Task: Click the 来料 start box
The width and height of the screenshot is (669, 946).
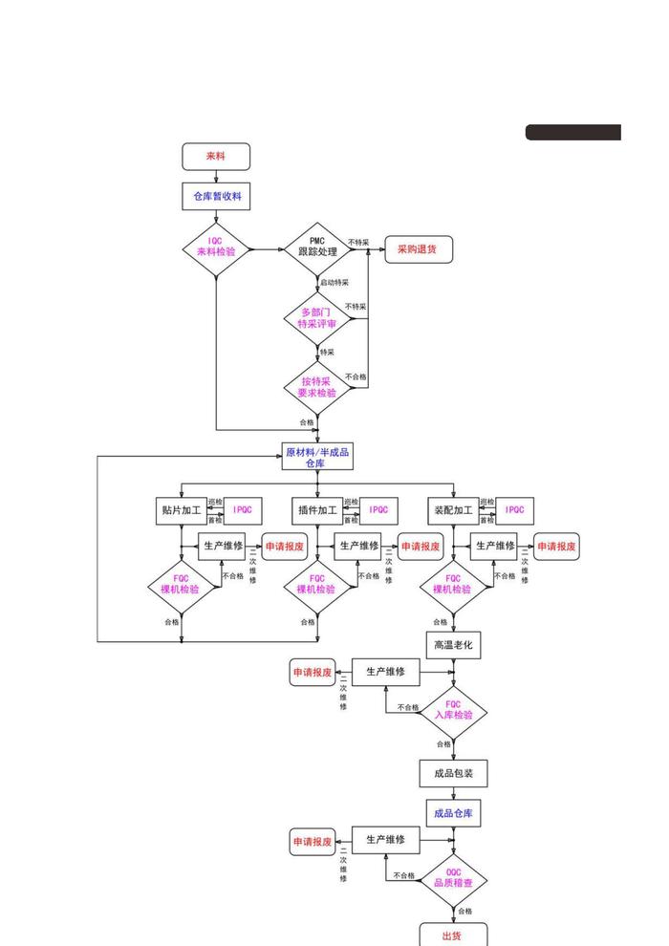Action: pyautogui.click(x=216, y=157)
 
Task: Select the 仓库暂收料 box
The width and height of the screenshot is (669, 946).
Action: pyautogui.click(x=216, y=196)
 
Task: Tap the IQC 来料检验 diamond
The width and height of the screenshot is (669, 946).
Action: pyautogui.click(x=216, y=249)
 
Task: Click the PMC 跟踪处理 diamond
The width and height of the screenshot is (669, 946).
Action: pyautogui.click(x=318, y=249)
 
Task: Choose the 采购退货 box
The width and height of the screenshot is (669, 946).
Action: pyautogui.click(x=418, y=249)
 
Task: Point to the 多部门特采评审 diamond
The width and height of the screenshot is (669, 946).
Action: pyautogui.click(x=318, y=318)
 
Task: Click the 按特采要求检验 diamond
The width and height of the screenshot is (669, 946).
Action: pyautogui.click(x=318, y=387)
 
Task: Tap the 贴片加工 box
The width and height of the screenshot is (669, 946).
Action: pyautogui.click(x=182, y=510)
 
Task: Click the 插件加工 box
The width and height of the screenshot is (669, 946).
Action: pyautogui.click(x=316, y=510)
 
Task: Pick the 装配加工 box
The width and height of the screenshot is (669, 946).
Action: pyautogui.click(x=453, y=510)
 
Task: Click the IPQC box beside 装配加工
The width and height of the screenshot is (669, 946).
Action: pyautogui.click(x=515, y=510)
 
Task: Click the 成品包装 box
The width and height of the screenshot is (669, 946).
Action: pyautogui.click(x=453, y=773)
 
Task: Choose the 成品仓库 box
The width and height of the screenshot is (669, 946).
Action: pyautogui.click(x=453, y=813)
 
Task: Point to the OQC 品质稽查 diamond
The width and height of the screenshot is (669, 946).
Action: pyautogui.click(x=453, y=878)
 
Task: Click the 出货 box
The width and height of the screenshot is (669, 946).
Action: pyautogui.click(x=453, y=935)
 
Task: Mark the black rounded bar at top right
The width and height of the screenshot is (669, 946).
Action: pyautogui.click(x=573, y=133)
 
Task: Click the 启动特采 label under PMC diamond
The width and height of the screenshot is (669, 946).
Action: pyautogui.click(x=334, y=283)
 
